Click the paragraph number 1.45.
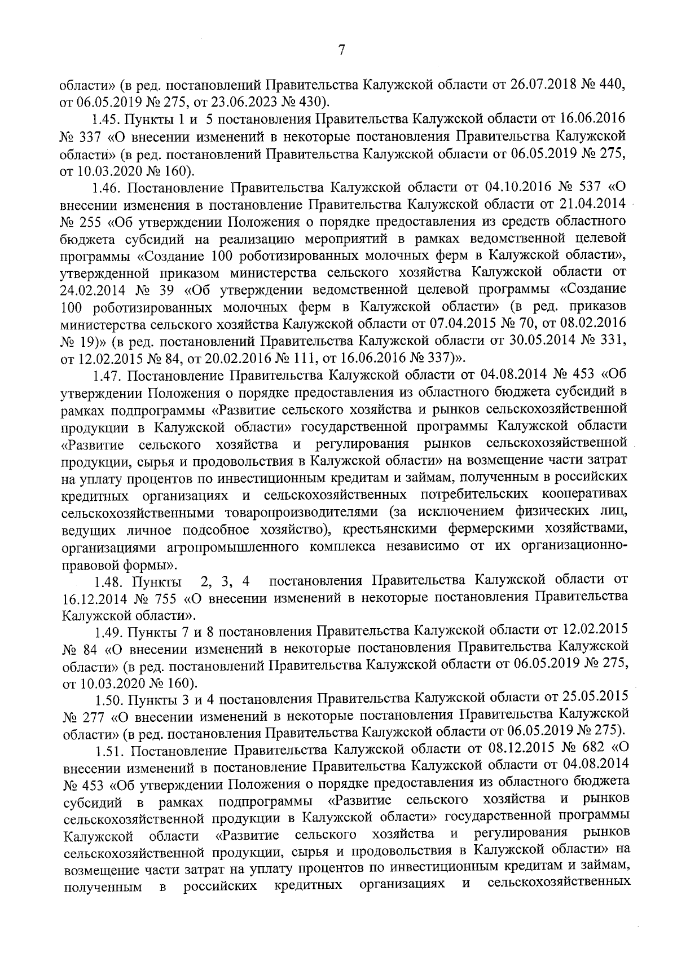click(x=105, y=121)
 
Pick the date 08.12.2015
click(x=515, y=749)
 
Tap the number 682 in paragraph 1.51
click(x=589, y=749)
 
